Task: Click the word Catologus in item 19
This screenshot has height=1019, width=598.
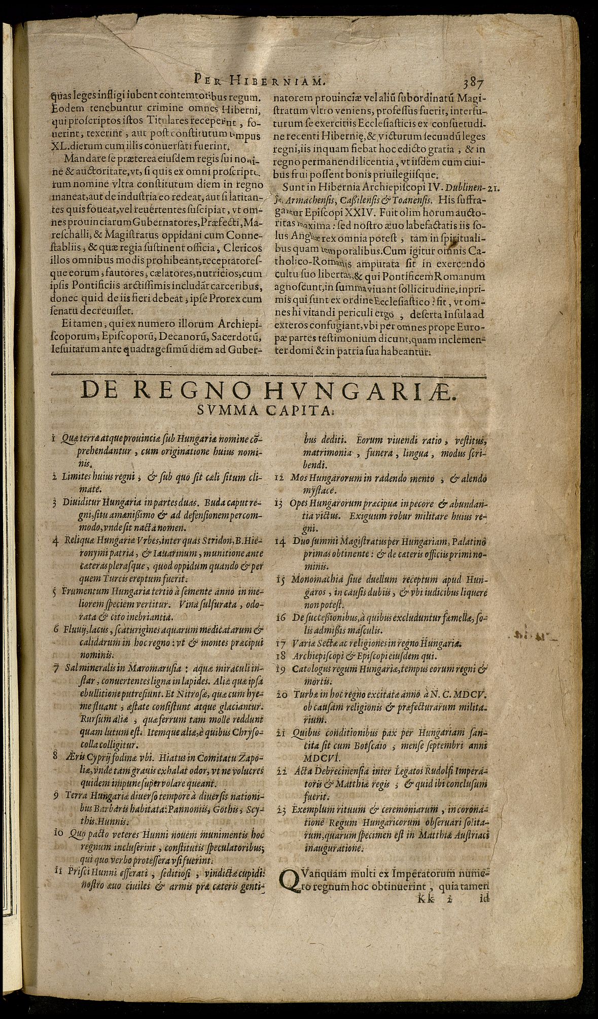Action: click(311, 668)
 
